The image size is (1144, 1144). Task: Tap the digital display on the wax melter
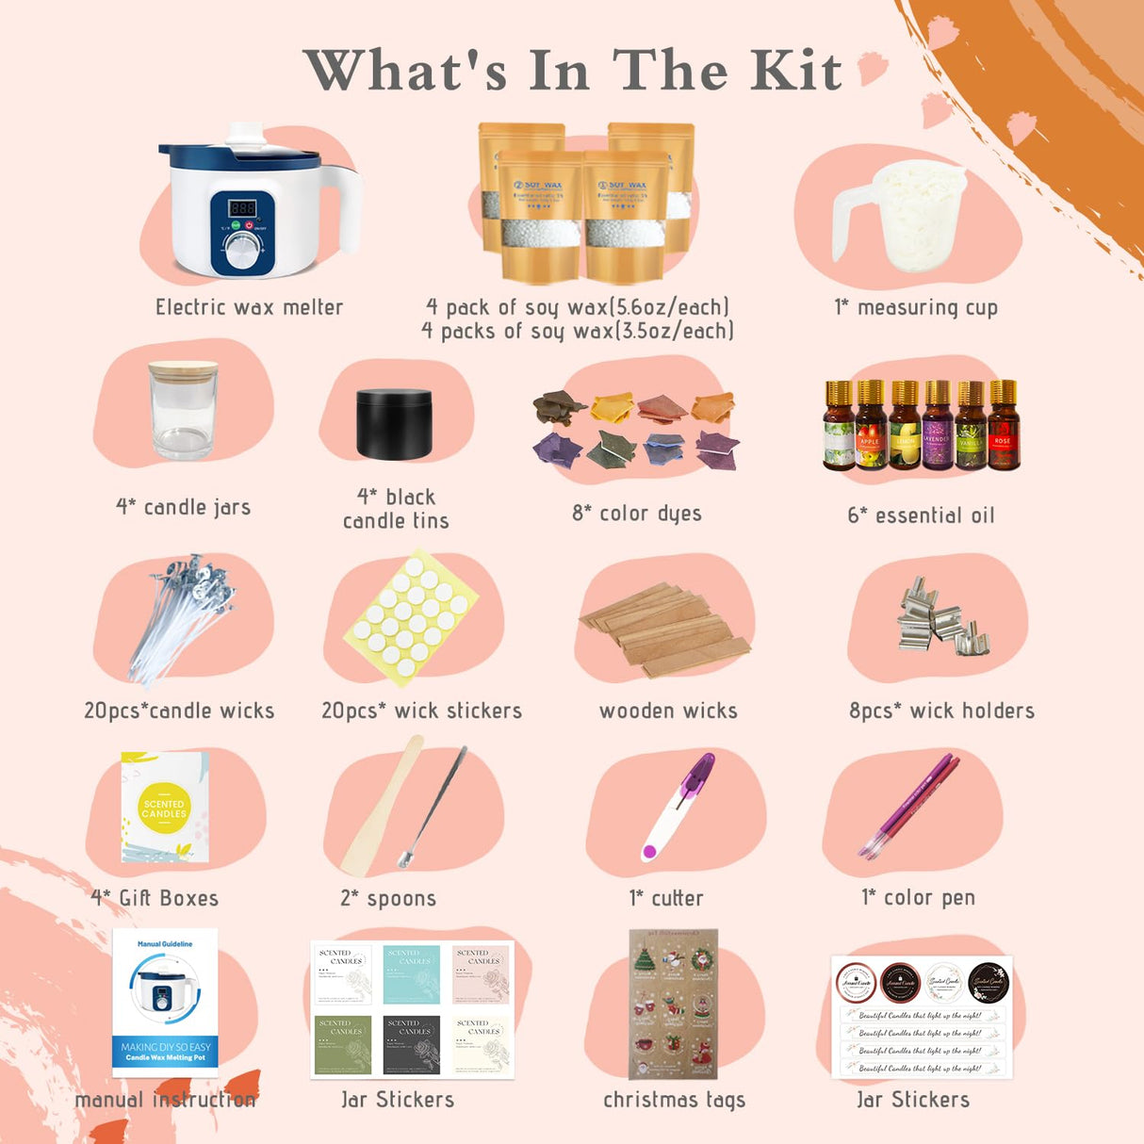[x=244, y=207]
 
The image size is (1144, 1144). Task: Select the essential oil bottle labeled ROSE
[x=1004, y=426]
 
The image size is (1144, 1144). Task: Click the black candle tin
[x=395, y=422]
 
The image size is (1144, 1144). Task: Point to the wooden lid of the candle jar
[x=183, y=368]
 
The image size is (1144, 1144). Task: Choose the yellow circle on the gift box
[x=164, y=808]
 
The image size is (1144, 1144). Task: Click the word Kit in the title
[x=795, y=71]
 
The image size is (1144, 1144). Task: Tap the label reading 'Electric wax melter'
[x=249, y=307]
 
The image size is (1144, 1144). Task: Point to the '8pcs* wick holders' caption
[x=941, y=711]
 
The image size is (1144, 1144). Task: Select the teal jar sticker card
[x=412, y=974]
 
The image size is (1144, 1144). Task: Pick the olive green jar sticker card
[x=344, y=1044]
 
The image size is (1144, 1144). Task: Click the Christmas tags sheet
[x=673, y=1004]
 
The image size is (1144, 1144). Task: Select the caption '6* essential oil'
[x=921, y=515]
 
